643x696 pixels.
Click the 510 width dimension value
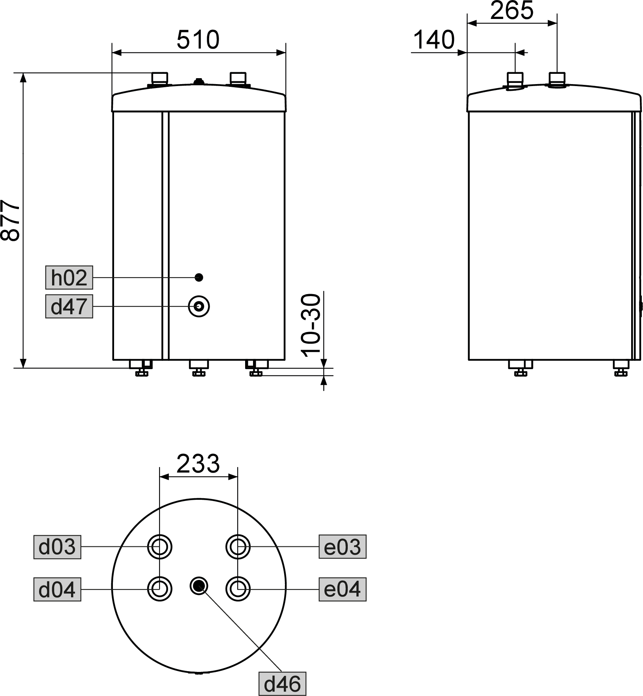tap(198, 40)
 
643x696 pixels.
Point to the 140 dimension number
tap(434, 40)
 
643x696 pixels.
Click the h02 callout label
tap(69, 278)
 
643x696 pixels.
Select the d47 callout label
tap(69, 306)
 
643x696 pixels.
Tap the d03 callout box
tap(57, 547)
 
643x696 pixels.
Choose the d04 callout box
tap(57, 589)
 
